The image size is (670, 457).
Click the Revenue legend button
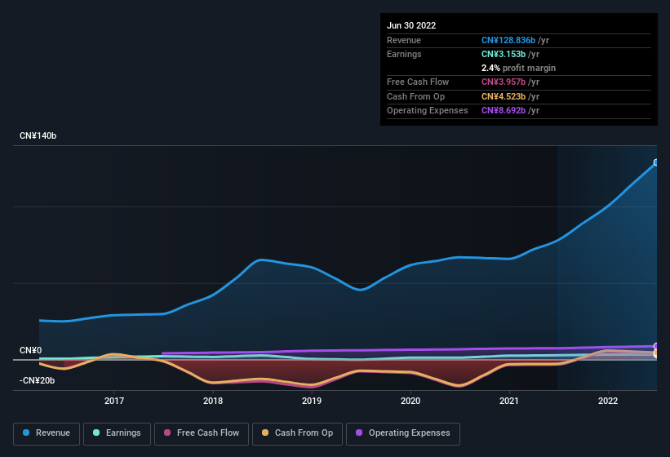click(47, 433)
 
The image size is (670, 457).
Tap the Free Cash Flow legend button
click(200, 433)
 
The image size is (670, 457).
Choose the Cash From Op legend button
click(296, 433)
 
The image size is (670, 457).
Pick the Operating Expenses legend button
click(403, 433)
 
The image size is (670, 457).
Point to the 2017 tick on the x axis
click(114, 401)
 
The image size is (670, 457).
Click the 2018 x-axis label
click(213, 401)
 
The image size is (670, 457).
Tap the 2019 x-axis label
click(312, 401)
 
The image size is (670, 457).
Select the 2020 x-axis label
click(410, 401)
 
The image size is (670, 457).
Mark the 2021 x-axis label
click(509, 401)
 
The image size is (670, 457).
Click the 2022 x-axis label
click(608, 401)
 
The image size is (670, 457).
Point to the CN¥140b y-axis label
click(38, 135)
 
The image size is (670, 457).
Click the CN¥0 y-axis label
click(30, 351)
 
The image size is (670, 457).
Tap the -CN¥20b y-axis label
click(38, 380)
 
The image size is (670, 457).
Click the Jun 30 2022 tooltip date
click(411, 25)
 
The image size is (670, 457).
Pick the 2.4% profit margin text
click(518, 68)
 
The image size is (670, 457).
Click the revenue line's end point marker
click(656, 162)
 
